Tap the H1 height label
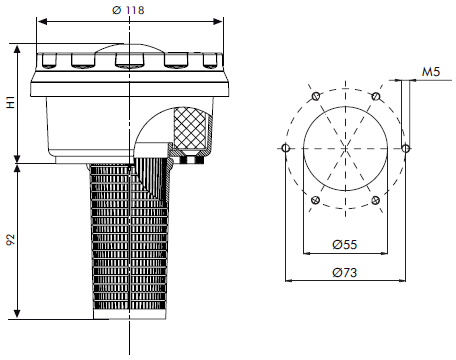click(10, 100)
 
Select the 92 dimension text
click(10, 240)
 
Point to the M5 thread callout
click(432, 73)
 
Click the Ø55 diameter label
click(345, 243)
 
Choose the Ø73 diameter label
click(345, 271)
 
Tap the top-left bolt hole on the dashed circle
click(315, 96)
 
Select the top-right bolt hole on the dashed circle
click(375, 96)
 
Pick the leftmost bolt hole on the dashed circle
click(286, 149)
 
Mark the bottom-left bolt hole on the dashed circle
click(315, 201)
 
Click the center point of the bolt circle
click(345, 149)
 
